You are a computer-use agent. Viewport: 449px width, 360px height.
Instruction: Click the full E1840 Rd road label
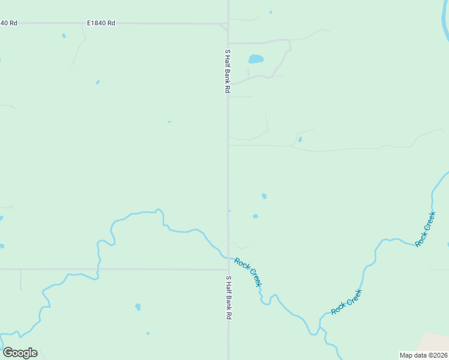(101, 23)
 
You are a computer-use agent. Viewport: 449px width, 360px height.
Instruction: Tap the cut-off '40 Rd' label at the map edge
(9, 23)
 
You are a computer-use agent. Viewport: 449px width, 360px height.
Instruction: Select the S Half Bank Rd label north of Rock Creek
(228, 71)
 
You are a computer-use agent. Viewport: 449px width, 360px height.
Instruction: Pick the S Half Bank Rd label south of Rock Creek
(228, 298)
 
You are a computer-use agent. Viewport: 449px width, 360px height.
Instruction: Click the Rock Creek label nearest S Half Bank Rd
(248, 272)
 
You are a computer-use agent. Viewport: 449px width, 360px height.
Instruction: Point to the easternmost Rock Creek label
(425, 229)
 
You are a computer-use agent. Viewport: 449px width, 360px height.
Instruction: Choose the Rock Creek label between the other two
(347, 302)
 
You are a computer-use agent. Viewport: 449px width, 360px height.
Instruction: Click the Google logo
(20, 353)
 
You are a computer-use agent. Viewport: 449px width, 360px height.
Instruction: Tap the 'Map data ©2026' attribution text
(423, 355)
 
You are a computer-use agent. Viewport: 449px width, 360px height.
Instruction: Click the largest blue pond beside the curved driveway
(256, 59)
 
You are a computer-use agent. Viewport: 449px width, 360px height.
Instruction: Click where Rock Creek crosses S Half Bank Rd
(228, 257)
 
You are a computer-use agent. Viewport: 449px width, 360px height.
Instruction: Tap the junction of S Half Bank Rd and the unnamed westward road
(228, 269)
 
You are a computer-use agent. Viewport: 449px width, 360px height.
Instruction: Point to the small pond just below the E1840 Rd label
(64, 35)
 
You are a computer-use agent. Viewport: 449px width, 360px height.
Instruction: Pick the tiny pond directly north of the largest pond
(271, 12)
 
